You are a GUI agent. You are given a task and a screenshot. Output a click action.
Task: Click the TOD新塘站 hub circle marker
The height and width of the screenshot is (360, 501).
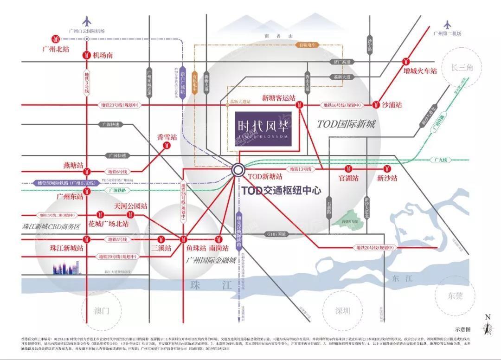click(x=238, y=170)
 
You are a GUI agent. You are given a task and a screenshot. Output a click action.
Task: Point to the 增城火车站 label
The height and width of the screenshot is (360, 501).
click(x=420, y=71)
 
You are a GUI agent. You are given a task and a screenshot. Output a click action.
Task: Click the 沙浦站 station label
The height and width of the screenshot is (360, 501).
click(x=392, y=105)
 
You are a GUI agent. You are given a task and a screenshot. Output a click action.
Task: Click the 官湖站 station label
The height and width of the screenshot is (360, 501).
click(x=349, y=178)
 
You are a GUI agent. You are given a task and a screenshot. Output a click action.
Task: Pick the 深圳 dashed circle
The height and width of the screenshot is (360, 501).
click(x=343, y=310)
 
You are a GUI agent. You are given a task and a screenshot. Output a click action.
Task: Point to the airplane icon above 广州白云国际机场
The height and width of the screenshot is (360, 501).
click(x=87, y=21)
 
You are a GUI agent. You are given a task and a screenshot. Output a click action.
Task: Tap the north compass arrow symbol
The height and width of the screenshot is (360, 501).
click(x=487, y=327)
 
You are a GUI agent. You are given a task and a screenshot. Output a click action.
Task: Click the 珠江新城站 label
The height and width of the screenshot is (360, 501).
click(x=67, y=248)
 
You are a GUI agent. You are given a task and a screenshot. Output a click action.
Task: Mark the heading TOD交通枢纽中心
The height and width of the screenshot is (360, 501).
click(x=281, y=191)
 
